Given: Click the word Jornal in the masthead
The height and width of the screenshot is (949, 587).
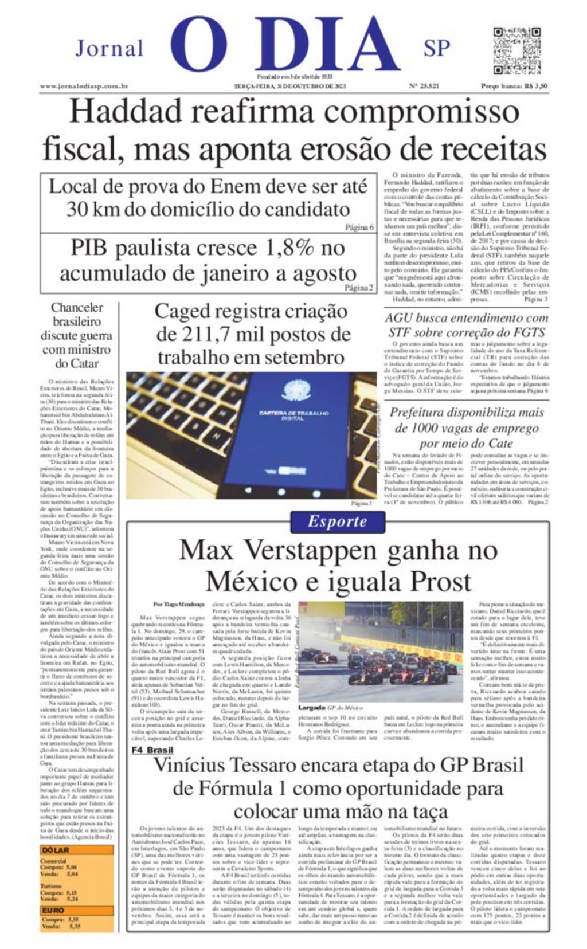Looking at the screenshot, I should point(109,49).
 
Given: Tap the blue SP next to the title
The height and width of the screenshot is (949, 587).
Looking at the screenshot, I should point(436,48).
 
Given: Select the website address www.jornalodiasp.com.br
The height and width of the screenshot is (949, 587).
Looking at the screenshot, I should point(84,87).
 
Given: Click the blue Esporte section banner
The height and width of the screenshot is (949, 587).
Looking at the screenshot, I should point(337,521).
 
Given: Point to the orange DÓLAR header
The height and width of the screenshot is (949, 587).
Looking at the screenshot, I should point(56,850).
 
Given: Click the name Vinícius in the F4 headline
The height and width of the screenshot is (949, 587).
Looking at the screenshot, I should point(193,765).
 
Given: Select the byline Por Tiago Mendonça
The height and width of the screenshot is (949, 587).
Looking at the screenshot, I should point(179,604).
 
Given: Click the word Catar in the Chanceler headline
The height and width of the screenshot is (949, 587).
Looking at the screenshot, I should point(85,363).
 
